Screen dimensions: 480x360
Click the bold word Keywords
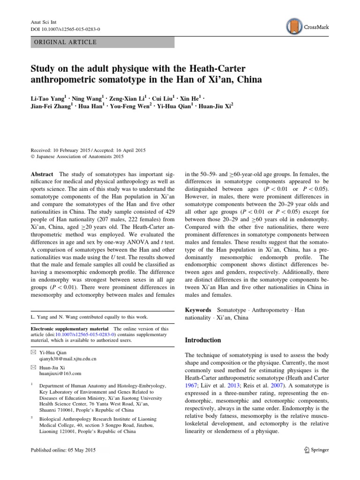click(x=198, y=310)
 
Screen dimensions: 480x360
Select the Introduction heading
click(x=204, y=340)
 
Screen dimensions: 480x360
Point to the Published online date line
click(x=62, y=450)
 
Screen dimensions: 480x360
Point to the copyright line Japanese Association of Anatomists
click(x=82, y=157)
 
